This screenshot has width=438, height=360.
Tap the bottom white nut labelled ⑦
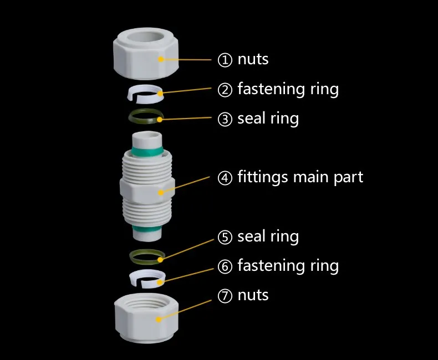click(145, 317)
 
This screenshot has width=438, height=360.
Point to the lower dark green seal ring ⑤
click(147, 256)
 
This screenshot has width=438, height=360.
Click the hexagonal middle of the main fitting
click(147, 192)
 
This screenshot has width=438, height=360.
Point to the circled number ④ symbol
click(225, 178)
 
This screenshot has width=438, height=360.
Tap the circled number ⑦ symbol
click(225, 296)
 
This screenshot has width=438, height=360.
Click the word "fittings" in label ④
click(263, 177)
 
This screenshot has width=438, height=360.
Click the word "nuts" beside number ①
click(253, 59)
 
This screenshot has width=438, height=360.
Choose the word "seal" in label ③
click(252, 119)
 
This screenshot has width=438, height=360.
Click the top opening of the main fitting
click(147, 136)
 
